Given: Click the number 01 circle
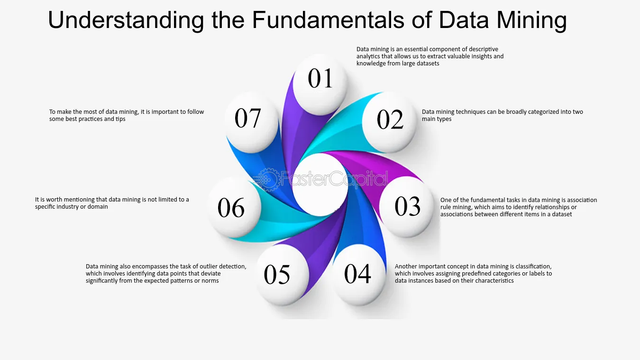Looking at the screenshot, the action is (320, 84).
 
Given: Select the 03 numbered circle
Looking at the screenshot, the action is (407, 206).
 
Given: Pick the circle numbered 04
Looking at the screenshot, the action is (358, 275).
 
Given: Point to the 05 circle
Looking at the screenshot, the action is (282, 275).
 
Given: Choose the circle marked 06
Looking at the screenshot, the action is (234, 207).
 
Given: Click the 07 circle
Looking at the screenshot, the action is (252, 122).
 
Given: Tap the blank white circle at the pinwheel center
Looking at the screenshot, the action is (320, 185).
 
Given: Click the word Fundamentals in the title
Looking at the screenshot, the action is (328, 20).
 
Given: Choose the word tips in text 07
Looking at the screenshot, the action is (120, 119).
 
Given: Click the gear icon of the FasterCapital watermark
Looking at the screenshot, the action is (267, 180).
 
